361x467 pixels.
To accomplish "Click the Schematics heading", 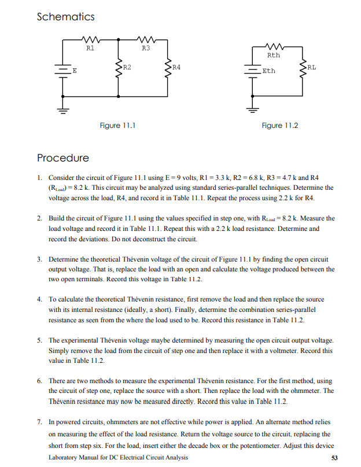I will coord(65,17).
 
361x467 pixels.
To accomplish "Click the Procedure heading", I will coord(62,158).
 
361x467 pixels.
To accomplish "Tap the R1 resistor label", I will coord(90,48).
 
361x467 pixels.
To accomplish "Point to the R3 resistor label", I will coord(145,48).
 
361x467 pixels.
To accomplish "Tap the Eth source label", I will coord(269,71).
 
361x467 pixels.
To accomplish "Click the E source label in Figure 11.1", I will coord(74,71).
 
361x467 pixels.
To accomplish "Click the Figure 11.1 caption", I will coord(119,125).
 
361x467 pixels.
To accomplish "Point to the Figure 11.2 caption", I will coord(280,125).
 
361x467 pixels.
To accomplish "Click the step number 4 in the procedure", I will coord(39,299).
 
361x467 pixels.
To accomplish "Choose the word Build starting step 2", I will coord(57,218).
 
